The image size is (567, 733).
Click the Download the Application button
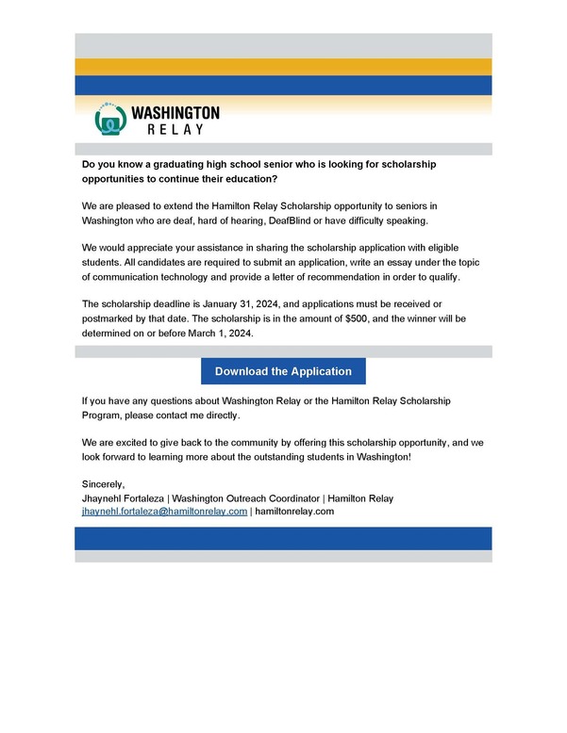(x=283, y=371)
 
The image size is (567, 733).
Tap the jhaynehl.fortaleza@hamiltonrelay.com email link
(x=165, y=511)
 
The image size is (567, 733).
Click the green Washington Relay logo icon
(x=110, y=120)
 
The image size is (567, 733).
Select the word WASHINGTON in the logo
(x=175, y=112)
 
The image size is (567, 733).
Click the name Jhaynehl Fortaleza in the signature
(x=123, y=497)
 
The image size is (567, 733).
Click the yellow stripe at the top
(x=283, y=67)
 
